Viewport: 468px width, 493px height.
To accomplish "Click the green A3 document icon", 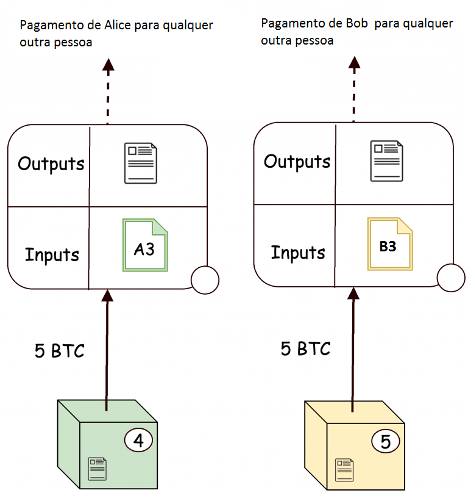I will click(145, 245).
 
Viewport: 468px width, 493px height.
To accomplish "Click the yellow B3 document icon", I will click(390, 244).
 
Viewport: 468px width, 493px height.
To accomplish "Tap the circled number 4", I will click(138, 440).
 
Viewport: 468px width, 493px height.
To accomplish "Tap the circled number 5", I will click(385, 441).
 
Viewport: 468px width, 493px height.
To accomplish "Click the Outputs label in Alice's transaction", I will click(51, 164).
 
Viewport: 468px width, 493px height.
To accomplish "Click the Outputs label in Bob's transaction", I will click(297, 162).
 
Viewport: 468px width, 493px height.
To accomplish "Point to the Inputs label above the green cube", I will click(52, 254).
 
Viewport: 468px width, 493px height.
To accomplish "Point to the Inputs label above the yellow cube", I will click(298, 251).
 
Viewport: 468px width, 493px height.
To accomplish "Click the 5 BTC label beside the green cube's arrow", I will click(59, 351).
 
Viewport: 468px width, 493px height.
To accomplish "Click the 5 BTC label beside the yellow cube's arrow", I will click(305, 349).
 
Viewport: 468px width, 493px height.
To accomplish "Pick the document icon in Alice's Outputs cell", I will click(141, 163).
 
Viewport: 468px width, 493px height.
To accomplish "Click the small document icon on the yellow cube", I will click(344, 469).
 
